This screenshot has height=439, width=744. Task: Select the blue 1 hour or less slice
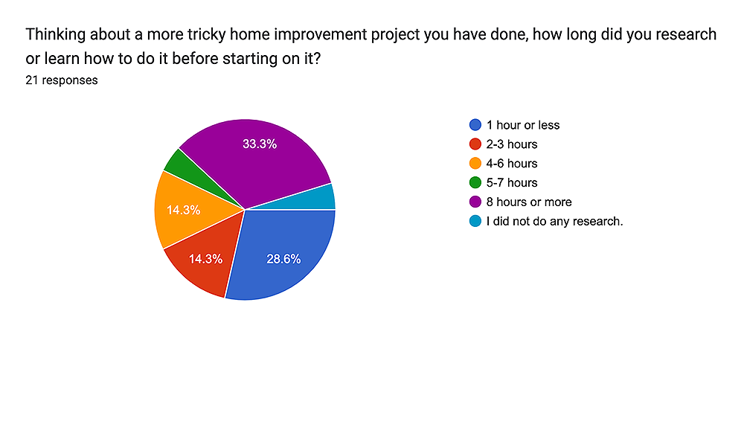coord(285,256)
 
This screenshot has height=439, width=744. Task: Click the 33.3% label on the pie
coord(260,144)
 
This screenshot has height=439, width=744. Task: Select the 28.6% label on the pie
coord(283,259)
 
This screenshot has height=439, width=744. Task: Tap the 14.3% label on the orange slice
coord(183,210)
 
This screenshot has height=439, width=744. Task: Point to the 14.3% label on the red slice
coord(205,259)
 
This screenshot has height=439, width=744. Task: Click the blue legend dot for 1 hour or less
coord(475,125)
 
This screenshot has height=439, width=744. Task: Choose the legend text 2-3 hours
coord(512,144)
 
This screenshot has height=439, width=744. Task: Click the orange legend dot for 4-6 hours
coord(475,163)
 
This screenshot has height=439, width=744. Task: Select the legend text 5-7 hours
coord(512,183)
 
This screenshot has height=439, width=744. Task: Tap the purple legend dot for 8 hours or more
coord(475,202)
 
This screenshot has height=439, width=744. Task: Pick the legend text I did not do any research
coord(554,221)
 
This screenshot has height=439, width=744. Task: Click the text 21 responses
coord(62,80)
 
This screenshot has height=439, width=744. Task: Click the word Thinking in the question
coord(56,35)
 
